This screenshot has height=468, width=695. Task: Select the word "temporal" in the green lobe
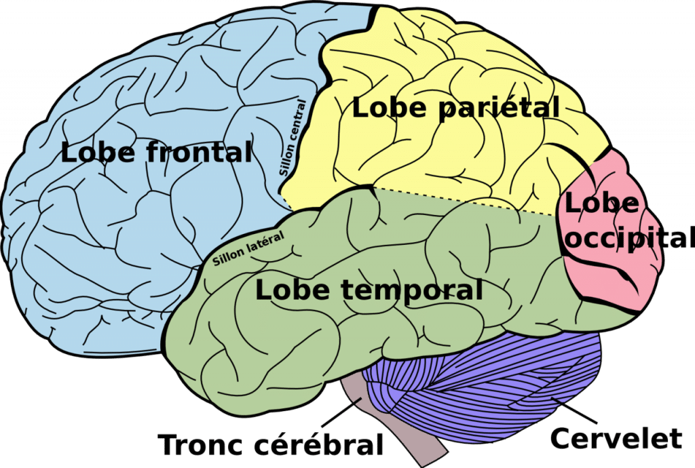pos(412,290)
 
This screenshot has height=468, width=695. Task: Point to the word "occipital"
pos(630,238)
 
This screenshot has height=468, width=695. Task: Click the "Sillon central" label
pos(293,138)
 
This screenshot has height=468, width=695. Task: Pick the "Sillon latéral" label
pos(248,249)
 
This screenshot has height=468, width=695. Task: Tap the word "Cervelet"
pos(616,437)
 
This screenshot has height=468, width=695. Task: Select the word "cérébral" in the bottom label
pos(318,443)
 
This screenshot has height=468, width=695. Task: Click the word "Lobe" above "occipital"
pos(601,203)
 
